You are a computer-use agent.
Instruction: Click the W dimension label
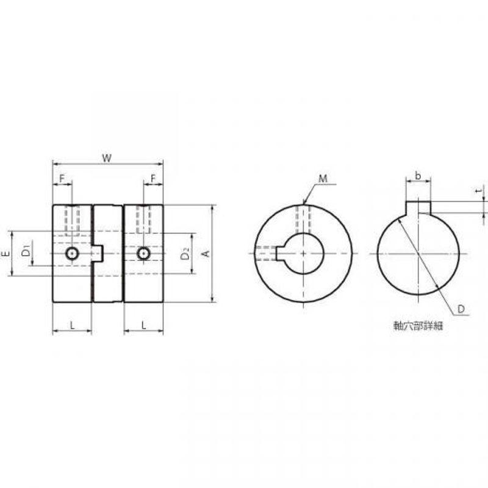point(107,158)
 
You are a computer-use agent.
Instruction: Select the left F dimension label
point(62,179)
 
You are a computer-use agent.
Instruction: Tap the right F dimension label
point(153,179)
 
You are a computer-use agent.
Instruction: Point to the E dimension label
point(5,254)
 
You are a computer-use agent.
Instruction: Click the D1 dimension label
point(26,251)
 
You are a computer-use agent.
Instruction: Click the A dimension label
point(206,254)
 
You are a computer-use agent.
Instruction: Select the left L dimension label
point(72,326)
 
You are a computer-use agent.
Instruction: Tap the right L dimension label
point(143,326)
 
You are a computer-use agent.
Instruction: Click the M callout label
point(323,179)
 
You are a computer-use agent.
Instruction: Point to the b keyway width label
point(418,176)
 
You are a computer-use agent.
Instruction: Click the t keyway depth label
point(481,190)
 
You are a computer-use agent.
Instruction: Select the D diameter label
point(461,309)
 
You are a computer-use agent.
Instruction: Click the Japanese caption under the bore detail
point(418,326)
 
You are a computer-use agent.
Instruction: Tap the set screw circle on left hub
point(72,254)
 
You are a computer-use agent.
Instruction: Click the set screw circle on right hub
point(143,254)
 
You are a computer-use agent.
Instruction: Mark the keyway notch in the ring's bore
point(281,254)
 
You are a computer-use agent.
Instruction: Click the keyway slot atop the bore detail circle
point(418,207)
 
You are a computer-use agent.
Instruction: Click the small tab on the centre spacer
point(98,253)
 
